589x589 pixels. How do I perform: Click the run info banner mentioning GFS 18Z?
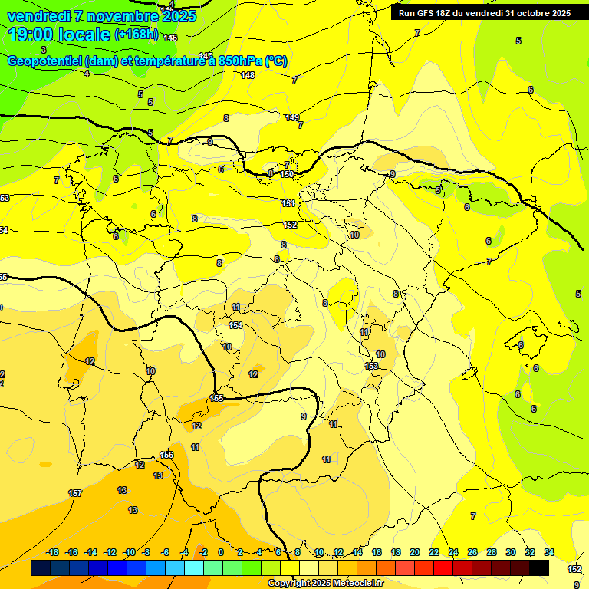(485, 13)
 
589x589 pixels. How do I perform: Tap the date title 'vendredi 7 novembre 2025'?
(102, 16)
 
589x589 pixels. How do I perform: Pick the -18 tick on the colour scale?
(52, 552)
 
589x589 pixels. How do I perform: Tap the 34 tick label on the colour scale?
(549, 552)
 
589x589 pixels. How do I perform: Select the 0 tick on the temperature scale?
(221, 552)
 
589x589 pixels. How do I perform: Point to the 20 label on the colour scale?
(415, 552)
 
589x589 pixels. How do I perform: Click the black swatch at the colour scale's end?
(539, 568)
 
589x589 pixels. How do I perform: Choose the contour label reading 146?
(170, 38)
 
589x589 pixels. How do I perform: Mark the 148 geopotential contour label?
(247, 75)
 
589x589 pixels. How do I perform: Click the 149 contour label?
(292, 117)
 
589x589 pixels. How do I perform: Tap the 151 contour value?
(288, 203)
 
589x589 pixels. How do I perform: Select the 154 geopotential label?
(235, 326)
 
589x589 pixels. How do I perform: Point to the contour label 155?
(217, 398)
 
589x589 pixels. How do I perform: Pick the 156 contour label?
(166, 455)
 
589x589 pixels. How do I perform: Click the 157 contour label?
(75, 493)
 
